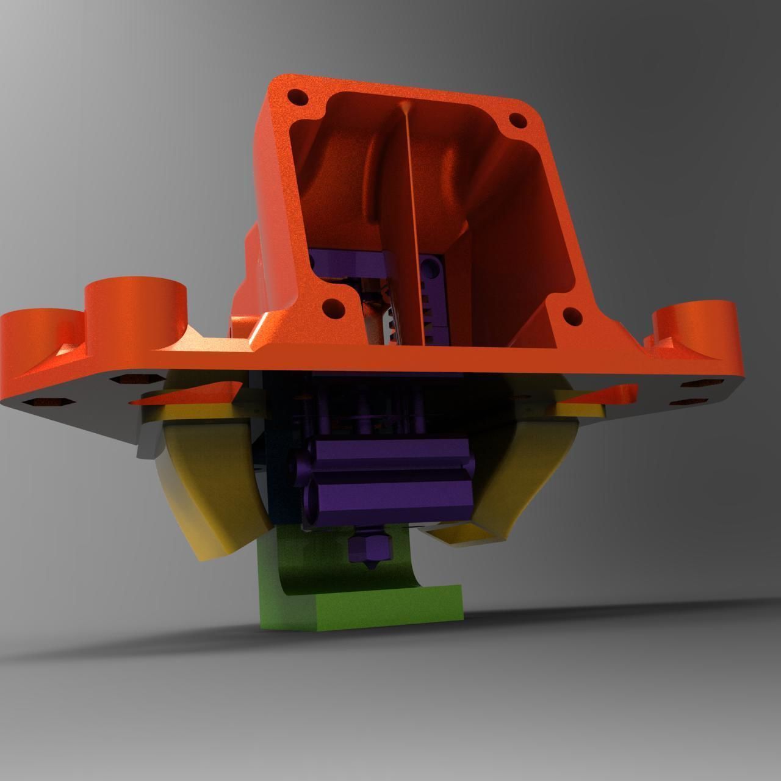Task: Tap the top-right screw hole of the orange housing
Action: pyautogui.click(x=517, y=120)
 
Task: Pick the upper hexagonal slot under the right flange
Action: pyautogui.click(x=696, y=384)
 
